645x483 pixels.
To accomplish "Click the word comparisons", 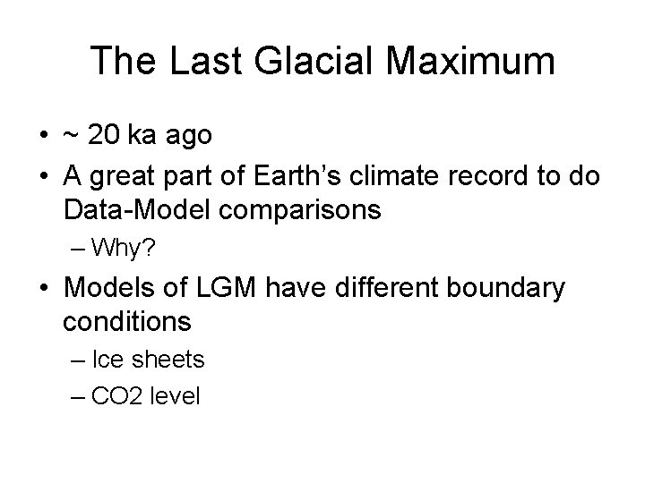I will pos(304,212).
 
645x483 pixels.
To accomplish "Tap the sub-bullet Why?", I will pos(126,248).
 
